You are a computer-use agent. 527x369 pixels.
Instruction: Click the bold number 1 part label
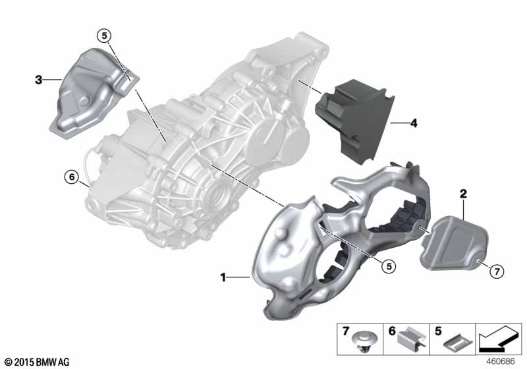click(x=224, y=278)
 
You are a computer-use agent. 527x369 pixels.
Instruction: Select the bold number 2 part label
click(x=463, y=194)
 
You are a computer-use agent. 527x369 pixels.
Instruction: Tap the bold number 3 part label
click(x=38, y=80)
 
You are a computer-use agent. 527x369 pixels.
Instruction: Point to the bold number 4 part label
click(x=414, y=123)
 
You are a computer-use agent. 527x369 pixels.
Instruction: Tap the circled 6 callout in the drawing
click(x=70, y=176)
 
